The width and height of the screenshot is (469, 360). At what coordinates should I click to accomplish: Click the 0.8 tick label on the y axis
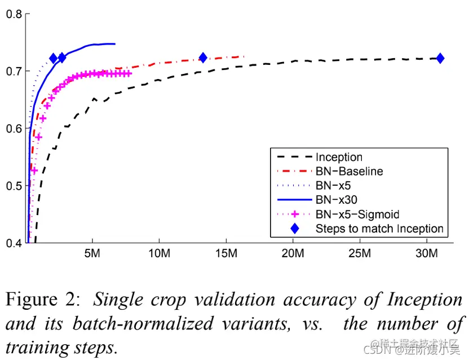coord(14,14)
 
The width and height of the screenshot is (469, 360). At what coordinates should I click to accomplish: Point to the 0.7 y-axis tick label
coord(14,71)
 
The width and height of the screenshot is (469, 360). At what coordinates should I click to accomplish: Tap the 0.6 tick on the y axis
coord(14,129)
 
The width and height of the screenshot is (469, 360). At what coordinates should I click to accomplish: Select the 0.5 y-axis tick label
coord(14,186)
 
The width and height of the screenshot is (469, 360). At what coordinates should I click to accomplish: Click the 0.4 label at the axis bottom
coord(14,243)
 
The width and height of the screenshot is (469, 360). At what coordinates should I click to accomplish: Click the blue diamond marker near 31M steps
coord(440,58)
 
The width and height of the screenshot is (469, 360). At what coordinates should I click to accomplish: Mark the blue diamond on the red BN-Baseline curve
coord(203,58)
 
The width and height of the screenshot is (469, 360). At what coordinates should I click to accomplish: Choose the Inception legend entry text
coord(339,157)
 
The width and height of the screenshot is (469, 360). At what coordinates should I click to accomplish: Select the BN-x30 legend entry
coord(336,199)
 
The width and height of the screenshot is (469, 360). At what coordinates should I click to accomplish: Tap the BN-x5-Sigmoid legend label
coord(357,214)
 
